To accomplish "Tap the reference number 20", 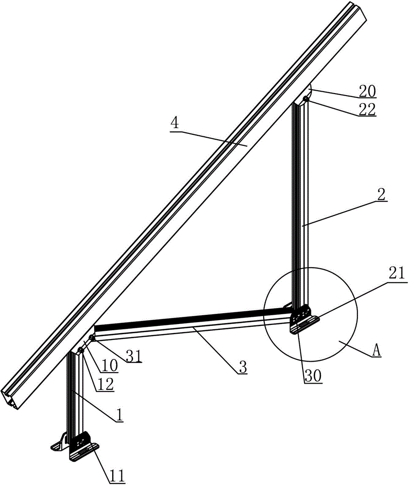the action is (x=367, y=91).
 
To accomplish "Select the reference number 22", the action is (x=367, y=109).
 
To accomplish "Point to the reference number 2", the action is (x=381, y=194).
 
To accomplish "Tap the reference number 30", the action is (x=314, y=376).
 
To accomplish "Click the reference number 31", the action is (x=134, y=356).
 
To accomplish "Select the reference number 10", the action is (x=110, y=366).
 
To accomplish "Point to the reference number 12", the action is (x=105, y=385).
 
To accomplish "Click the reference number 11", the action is (x=117, y=476).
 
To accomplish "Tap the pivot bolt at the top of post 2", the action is (x=306, y=98).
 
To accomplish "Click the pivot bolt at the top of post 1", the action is (x=81, y=350).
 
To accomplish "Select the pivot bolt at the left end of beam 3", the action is (x=92, y=338).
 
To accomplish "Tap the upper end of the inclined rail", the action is (x=357, y=13).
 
